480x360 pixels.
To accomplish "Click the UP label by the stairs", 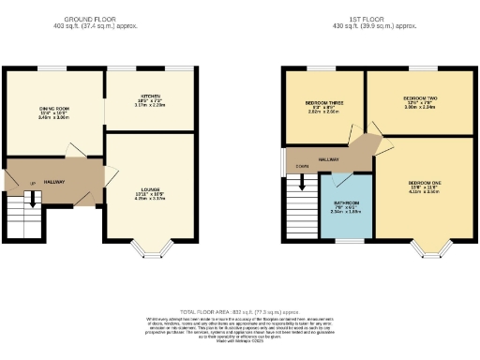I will point(33,183).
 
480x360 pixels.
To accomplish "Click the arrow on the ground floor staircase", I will point(32,200).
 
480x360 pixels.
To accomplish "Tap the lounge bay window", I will point(149,248).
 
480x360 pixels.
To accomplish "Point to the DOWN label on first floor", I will point(302,167).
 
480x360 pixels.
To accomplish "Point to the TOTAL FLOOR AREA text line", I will point(239,311).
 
